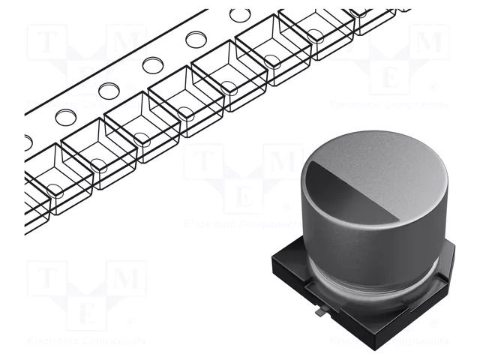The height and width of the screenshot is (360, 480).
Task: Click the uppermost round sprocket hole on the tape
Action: (x=240, y=14)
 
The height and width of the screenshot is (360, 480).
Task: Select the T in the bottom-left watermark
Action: (x=47, y=280)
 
